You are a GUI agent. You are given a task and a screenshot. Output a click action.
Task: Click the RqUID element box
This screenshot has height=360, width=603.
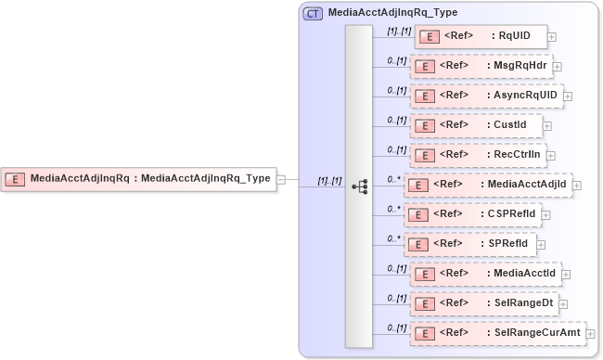point(480,37)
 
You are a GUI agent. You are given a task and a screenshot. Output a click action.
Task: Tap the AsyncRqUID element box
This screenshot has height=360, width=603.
point(486,96)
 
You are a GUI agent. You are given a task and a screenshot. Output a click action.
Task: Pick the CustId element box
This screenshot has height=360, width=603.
point(476,125)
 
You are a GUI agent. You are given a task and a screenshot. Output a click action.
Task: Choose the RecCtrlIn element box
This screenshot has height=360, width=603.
point(477,155)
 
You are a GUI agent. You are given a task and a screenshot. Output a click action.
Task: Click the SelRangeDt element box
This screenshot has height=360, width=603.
point(484,302)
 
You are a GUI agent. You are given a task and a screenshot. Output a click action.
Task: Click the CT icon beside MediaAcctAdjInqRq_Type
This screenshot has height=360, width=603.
point(314,14)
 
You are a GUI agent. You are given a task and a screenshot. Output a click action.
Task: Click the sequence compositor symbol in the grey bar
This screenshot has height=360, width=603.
point(359,186)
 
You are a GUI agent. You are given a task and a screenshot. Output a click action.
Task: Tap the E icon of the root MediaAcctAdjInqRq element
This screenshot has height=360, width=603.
point(16,179)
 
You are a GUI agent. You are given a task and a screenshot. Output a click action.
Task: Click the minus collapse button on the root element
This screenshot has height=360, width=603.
point(281,180)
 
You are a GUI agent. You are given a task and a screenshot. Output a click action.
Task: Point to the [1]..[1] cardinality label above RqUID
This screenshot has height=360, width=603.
point(399,31)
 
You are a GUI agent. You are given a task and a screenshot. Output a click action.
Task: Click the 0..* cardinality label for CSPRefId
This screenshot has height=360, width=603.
point(393,208)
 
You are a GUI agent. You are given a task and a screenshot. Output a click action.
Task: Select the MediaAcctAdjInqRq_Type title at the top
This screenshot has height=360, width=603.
point(392,14)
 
